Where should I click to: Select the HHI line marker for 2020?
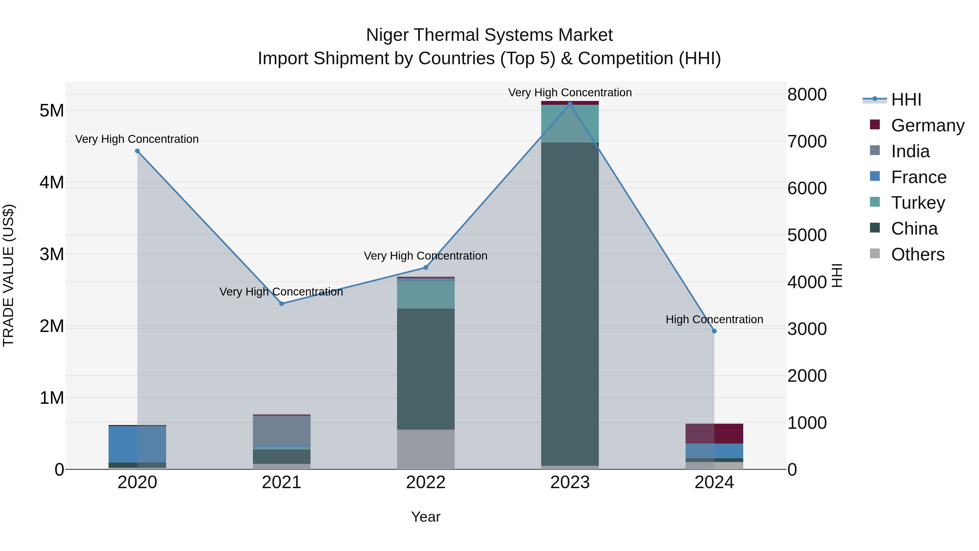137,151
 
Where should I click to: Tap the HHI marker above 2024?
714,331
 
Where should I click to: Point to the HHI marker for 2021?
282,303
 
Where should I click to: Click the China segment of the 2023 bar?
570,304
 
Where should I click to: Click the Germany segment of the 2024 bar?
714,433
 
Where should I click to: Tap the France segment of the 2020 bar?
137,444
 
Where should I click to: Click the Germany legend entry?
927,125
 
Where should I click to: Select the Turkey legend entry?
918,203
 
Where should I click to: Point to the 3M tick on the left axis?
52,254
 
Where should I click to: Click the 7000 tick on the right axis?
807,141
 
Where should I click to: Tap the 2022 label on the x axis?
426,482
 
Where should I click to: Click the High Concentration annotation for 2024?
714,319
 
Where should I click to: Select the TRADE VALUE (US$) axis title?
8,275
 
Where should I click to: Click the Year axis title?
426,517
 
